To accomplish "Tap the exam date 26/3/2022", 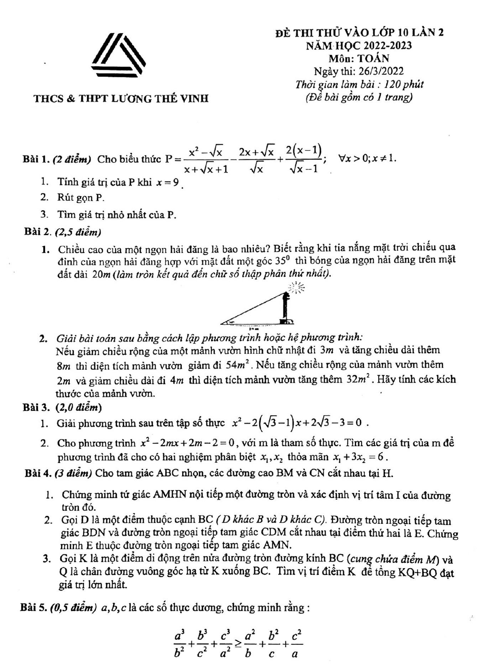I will tap(380, 71).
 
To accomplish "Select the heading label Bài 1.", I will tap(36, 159).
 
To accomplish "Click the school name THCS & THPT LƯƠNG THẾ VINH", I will tap(121, 99).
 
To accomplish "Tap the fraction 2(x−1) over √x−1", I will tap(304, 159).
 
